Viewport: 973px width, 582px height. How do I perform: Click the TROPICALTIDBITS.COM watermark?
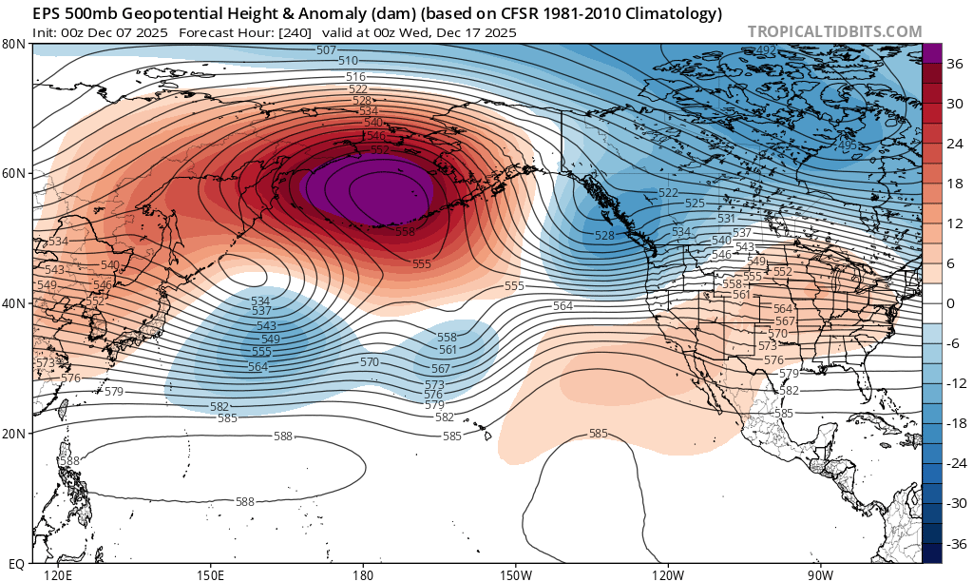click(x=834, y=31)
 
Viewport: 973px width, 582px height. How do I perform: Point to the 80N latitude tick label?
click(x=13, y=44)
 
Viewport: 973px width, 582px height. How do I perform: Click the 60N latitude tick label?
click(x=13, y=173)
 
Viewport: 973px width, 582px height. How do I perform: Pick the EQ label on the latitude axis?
click(x=15, y=563)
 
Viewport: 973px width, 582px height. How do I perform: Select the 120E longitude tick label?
click(x=58, y=574)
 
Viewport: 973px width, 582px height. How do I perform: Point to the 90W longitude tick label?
click(x=820, y=574)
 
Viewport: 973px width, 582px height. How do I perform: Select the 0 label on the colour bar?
click(x=950, y=303)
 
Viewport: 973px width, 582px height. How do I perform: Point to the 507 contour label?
click(x=326, y=49)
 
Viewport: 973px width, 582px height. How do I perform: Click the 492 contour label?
click(x=767, y=50)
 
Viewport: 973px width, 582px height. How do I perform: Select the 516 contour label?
click(x=355, y=76)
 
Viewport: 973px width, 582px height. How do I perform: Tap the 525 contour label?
click(x=695, y=204)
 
